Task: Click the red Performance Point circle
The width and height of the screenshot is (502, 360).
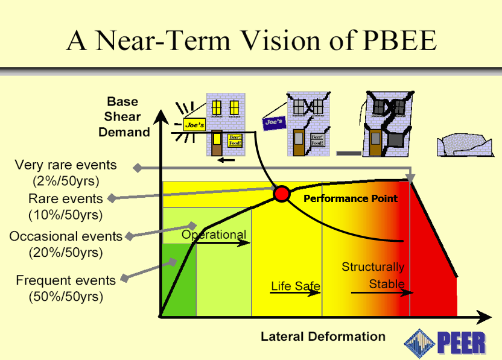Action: pos(281,194)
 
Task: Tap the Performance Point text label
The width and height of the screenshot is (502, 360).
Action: pos(350,198)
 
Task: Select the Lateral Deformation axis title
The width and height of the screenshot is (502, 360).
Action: pos(323,336)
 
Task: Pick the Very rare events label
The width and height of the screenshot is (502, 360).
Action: pos(66,165)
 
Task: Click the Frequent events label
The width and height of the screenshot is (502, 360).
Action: pos(66,280)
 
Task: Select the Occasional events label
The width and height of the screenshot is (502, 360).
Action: pos(66,236)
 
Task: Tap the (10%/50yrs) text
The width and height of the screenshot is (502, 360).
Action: pos(66,214)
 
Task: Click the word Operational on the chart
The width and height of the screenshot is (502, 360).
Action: pos(214,235)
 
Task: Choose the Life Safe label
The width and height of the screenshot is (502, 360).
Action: pos(295,286)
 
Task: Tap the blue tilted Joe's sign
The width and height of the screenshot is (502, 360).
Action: pos(273,122)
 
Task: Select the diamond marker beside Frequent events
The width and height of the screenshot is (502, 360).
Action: pos(125,279)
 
